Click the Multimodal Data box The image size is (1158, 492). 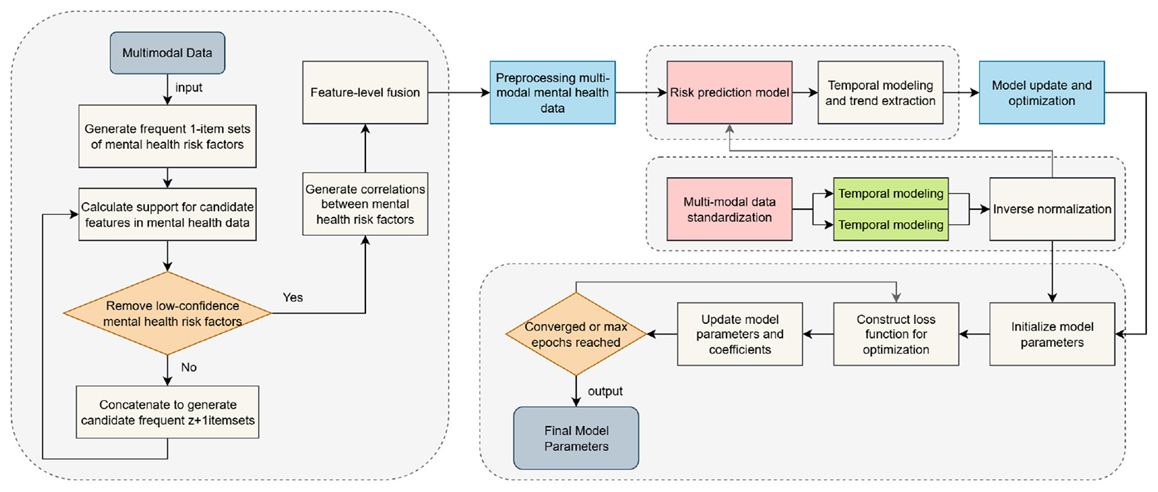167,53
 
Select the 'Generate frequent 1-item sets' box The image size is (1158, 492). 167,136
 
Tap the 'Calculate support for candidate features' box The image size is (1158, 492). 167,214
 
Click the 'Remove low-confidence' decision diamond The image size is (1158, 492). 167,314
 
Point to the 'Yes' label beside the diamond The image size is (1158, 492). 293,297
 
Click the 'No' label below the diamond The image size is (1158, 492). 189,367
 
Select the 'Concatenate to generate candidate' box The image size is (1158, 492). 167,412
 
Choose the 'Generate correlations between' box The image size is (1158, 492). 365,204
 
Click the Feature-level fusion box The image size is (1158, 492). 365,92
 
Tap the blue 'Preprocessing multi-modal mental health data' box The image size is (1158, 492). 552,92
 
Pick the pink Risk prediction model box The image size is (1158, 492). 729,92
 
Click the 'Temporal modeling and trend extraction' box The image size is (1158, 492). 880,92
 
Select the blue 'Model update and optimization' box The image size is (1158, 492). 1042,92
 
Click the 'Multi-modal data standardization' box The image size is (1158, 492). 729,209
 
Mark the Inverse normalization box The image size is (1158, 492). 1052,209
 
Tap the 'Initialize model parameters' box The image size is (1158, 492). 1052,334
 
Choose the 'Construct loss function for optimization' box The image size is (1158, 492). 896,334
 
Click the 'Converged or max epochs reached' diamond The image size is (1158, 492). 576,334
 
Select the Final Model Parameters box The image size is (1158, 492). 576,438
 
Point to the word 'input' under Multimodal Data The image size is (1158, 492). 189,88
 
